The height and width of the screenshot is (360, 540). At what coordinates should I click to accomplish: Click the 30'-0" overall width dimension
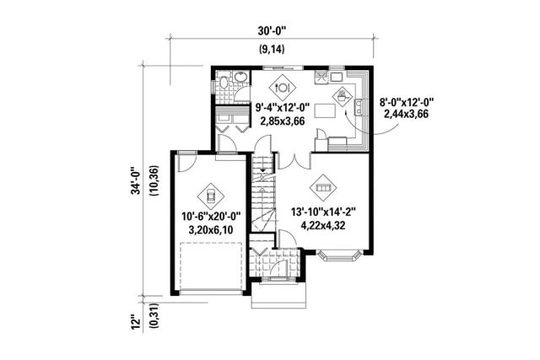(x=272, y=31)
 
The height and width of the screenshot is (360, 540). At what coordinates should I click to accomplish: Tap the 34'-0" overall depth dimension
(x=137, y=181)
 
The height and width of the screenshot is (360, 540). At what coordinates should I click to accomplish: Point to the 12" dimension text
(x=137, y=324)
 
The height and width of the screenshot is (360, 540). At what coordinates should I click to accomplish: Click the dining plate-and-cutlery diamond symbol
(x=283, y=88)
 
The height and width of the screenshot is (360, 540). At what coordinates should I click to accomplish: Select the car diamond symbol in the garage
(x=210, y=196)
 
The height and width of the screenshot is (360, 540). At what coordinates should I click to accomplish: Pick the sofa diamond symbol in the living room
(x=323, y=187)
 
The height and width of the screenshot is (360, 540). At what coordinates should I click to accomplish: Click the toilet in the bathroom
(x=223, y=83)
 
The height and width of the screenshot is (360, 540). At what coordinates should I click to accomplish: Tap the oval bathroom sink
(x=240, y=78)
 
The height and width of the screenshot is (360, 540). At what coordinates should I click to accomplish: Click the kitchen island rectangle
(x=324, y=111)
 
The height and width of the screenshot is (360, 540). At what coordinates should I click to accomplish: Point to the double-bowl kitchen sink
(x=359, y=106)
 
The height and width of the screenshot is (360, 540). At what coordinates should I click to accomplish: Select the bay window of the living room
(x=339, y=255)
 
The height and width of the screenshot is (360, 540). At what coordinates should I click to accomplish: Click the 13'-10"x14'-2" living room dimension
(x=323, y=212)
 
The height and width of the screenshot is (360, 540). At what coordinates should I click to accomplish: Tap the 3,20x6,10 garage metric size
(x=210, y=229)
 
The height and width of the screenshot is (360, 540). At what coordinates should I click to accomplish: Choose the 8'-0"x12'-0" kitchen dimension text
(x=406, y=102)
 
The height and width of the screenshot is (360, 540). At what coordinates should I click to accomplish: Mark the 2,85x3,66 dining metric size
(x=283, y=121)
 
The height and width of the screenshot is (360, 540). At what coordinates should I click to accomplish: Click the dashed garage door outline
(x=211, y=266)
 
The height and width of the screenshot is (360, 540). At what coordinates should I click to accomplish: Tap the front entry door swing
(x=278, y=268)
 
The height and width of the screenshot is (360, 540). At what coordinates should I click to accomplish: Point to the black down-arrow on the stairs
(x=263, y=170)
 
